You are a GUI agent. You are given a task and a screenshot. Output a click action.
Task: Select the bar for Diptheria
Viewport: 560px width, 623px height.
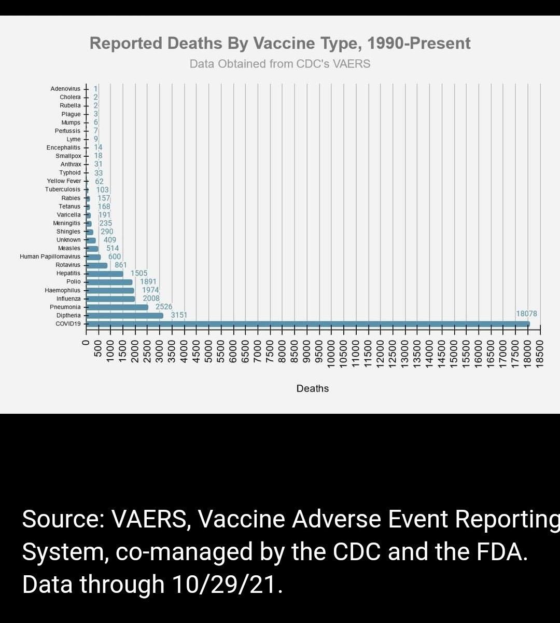[x=124, y=316]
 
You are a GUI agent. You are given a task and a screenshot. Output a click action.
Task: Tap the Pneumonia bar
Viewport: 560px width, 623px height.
[x=117, y=307]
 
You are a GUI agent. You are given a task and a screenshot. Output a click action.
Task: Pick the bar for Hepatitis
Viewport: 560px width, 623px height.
[x=105, y=274]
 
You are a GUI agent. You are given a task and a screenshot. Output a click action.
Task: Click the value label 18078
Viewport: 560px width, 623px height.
[x=526, y=314]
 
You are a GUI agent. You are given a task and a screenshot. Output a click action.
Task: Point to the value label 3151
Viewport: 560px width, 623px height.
[x=179, y=315]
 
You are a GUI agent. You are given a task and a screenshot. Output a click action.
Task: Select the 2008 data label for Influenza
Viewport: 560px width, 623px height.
[x=151, y=299]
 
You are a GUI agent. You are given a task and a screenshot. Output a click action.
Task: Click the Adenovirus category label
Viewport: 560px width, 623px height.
[x=65, y=89]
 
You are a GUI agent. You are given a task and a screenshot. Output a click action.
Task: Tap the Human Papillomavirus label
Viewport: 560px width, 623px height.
[x=50, y=256]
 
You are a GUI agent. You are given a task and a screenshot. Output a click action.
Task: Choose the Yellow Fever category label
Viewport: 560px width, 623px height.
[x=64, y=181]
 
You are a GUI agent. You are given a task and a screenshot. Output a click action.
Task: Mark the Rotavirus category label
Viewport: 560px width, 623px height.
[x=68, y=265]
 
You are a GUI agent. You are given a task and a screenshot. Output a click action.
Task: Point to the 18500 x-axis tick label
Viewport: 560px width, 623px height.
[x=540, y=353]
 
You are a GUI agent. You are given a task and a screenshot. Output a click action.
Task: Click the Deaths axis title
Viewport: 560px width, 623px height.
[x=313, y=388]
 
